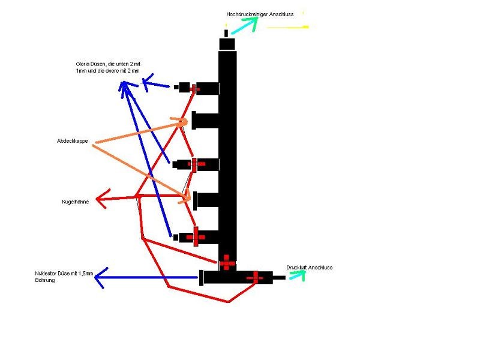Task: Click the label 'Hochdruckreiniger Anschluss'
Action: point(260,14)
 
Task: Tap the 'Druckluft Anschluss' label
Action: point(309,268)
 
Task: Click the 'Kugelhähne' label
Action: point(76,202)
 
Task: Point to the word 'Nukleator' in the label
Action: point(47,274)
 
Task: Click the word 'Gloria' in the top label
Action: point(82,64)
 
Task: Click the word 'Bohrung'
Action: point(45,280)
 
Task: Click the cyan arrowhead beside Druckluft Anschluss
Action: point(298,275)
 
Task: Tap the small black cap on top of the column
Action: point(227,44)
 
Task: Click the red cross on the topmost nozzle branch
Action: point(194,88)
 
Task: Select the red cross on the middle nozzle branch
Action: point(196,164)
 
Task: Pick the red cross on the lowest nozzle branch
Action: point(196,237)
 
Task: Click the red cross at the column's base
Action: point(227,262)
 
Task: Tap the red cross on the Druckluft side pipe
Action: point(255,277)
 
